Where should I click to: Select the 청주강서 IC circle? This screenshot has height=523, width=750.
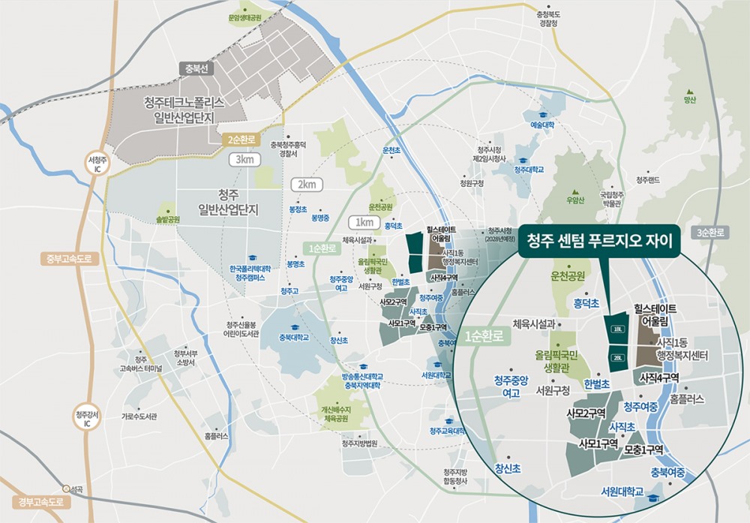coord(87,419)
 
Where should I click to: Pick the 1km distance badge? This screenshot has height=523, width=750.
coord(364,222)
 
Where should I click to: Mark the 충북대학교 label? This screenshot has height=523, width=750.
coord(294,337)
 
